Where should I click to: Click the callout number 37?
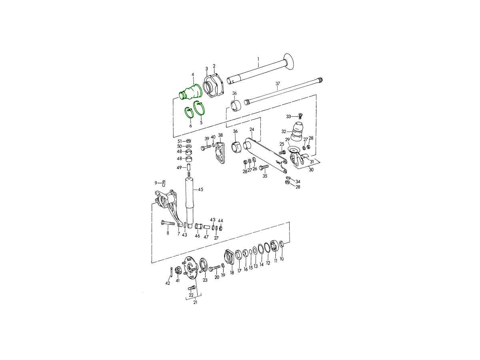pyautogui.click(x=278, y=84)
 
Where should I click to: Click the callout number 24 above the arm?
pyautogui.click(x=252, y=129)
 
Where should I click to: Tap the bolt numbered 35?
pyautogui.click(x=264, y=168)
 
